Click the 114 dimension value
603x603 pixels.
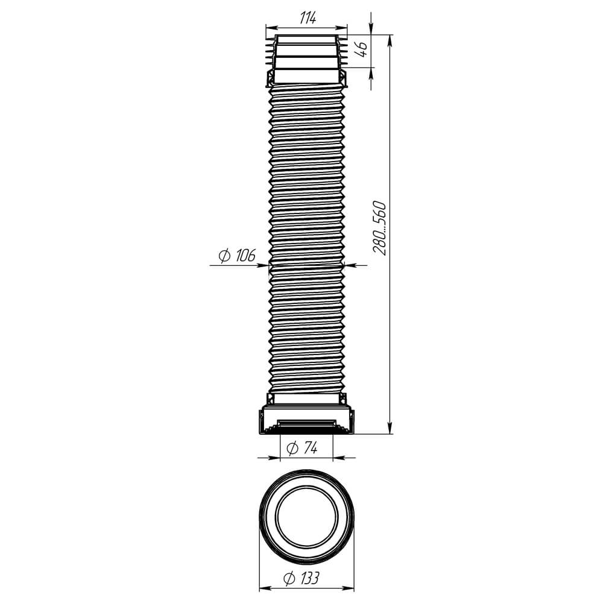click(x=308, y=17)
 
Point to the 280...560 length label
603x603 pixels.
click(x=379, y=228)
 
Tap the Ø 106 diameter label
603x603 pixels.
click(x=237, y=255)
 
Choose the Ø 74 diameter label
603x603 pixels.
click(x=302, y=447)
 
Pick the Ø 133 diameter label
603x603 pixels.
click(x=301, y=578)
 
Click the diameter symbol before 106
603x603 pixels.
click(x=224, y=256)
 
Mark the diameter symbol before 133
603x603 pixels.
click(x=289, y=578)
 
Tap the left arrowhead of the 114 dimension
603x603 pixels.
click(x=271, y=27)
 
